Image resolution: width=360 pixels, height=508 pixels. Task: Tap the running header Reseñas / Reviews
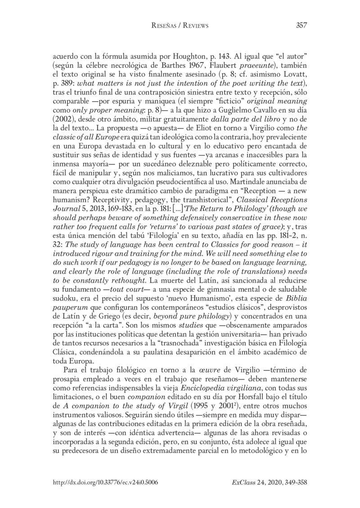point(180,26)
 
